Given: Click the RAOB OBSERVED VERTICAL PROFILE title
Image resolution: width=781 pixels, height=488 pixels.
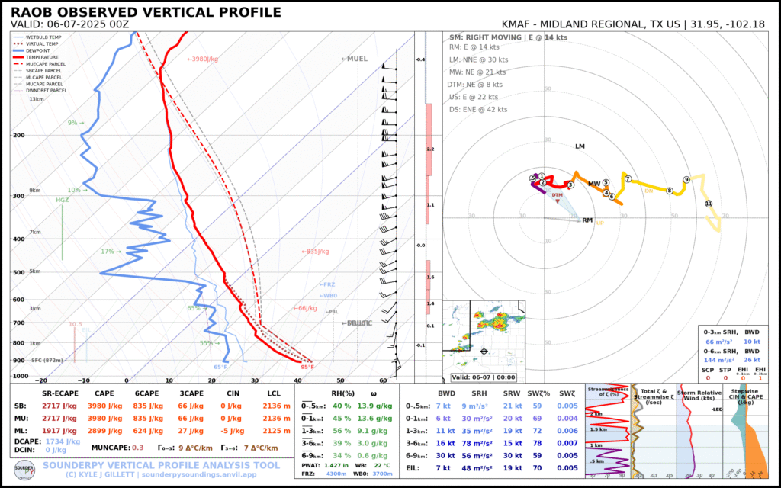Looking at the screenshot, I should point(146,13).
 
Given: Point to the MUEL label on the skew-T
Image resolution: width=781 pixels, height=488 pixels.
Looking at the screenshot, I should point(355,59).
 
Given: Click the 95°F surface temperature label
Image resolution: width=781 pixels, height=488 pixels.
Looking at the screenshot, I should point(308,367).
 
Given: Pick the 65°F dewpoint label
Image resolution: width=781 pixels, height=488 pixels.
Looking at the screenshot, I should point(220,367).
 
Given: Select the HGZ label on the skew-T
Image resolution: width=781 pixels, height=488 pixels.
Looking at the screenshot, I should point(63,201).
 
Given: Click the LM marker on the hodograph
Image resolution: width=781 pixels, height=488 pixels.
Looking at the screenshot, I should point(580,146).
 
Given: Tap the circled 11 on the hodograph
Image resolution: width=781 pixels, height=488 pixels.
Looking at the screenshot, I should point(709,204).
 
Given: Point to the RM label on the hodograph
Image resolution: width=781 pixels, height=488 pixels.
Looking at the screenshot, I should point(587,220).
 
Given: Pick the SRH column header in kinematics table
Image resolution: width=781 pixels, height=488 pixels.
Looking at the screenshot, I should point(490,393).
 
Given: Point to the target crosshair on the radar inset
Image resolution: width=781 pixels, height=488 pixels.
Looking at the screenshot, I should point(484,352).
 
